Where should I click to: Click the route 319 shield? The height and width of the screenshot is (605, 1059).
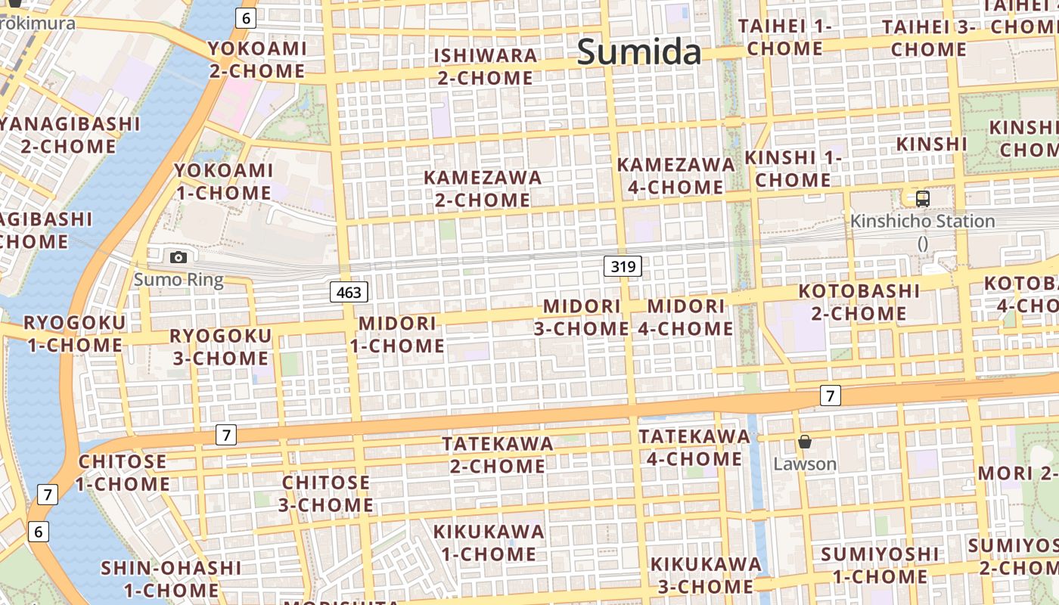click(623, 266)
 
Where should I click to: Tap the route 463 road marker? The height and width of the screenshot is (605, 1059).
click(349, 292)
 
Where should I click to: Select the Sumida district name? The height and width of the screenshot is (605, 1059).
click(639, 52)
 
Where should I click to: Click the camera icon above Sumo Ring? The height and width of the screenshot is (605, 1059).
click(179, 257)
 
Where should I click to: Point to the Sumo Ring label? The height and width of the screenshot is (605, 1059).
click(179, 280)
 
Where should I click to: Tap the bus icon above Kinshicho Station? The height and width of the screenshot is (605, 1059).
click(922, 199)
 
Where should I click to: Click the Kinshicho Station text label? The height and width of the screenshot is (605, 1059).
click(922, 222)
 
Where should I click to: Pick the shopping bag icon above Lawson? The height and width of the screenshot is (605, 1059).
click(805, 442)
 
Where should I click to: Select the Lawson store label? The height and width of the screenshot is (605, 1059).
click(805, 464)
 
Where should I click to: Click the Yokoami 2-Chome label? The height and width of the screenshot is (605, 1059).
click(256, 60)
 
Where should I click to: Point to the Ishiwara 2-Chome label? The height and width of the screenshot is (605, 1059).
click(485, 67)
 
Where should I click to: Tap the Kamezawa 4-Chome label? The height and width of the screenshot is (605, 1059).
click(675, 175)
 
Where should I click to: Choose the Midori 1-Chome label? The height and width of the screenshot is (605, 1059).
click(397, 334)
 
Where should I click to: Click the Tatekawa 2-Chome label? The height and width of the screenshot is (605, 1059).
click(498, 455)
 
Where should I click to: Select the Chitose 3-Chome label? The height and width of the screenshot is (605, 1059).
click(326, 493)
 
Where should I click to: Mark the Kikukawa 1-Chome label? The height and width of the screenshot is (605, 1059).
click(489, 542)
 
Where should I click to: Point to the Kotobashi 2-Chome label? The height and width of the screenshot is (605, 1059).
click(859, 302)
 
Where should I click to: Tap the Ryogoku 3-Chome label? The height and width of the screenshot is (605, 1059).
click(220, 347)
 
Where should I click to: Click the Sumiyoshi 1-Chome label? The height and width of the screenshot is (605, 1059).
click(880, 565)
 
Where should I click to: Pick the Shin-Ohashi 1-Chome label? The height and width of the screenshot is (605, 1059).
click(171, 579)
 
